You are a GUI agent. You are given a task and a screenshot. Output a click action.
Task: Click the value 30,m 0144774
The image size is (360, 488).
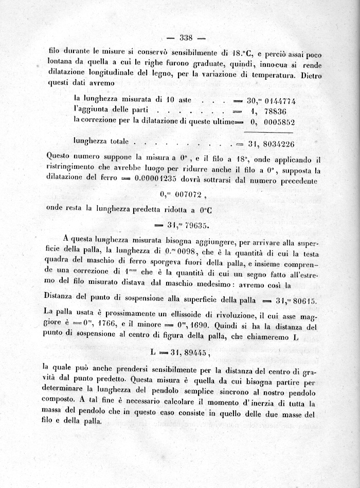click(272, 101)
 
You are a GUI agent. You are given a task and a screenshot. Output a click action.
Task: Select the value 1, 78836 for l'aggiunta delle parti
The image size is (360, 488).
click(265, 111)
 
